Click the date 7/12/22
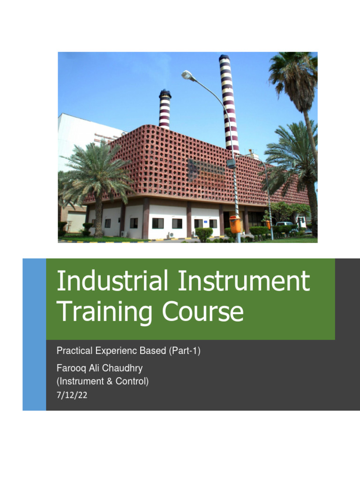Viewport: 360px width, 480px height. [72, 395]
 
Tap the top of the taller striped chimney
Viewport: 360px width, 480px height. [225, 58]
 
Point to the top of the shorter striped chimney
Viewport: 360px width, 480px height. [165, 92]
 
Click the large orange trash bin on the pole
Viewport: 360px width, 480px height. [235, 225]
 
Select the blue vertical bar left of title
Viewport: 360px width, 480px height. [34, 334]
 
